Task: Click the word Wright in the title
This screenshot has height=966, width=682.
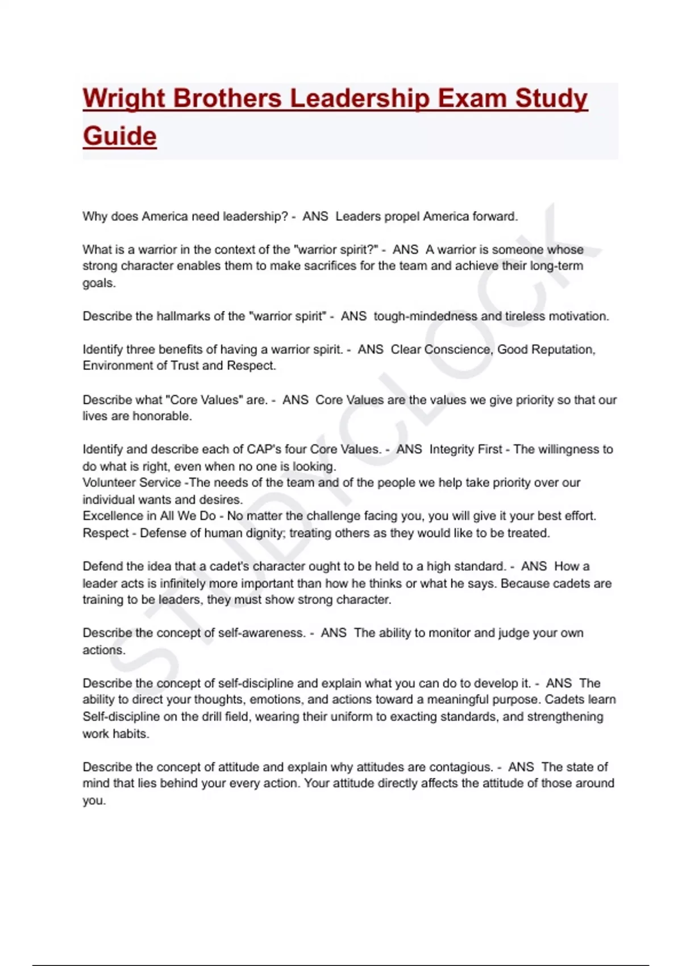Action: (x=123, y=99)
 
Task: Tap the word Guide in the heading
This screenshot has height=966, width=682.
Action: (x=119, y=136)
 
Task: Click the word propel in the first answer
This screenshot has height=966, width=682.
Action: (x=402, y=216)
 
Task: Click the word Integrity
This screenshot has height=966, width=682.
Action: (x=452, y=449)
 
